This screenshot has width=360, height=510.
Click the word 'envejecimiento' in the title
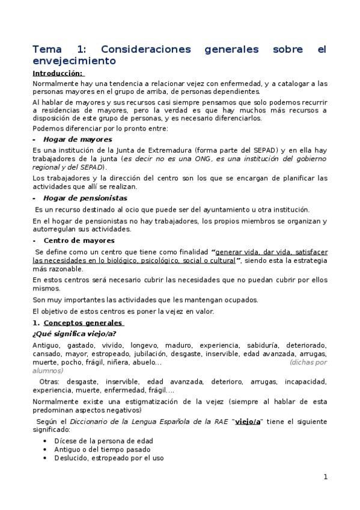[73, 61]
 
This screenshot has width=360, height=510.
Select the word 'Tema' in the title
[47, 49]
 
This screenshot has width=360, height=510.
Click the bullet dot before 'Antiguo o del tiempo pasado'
[46, 449]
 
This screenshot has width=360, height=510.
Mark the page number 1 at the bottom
[325, 477]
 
